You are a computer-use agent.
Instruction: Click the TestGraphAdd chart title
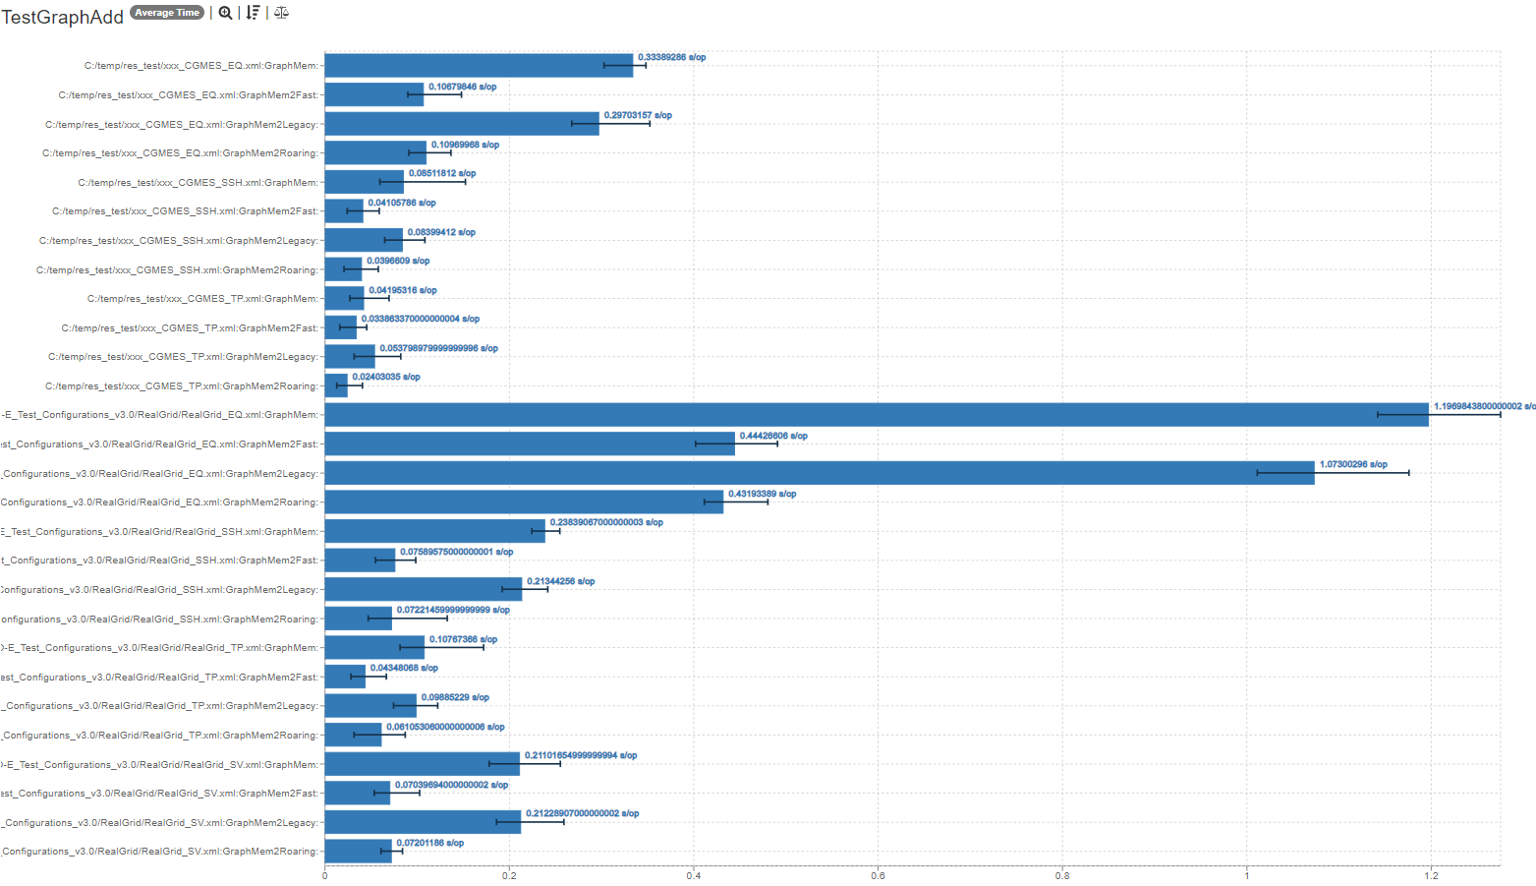tap(63, 17)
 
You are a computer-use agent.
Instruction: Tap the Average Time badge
tap(167, 13)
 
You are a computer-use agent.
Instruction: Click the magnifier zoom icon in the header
tap(225, 13)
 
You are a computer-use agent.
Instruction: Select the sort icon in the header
tap(253, 13)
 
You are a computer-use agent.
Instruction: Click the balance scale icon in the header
tap(281, 13)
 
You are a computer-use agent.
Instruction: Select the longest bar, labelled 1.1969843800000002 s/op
tap(875, 415)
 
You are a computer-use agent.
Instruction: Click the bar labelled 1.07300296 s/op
tap(819, 473)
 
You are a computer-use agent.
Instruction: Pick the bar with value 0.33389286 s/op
tap(479, 66)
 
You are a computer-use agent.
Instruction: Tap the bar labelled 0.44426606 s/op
tap(529, 444)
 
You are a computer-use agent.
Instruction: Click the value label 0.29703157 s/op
tap(638, 116)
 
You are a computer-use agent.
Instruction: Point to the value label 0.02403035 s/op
tap(386, 378)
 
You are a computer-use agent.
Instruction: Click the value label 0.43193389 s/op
tap(762, 495)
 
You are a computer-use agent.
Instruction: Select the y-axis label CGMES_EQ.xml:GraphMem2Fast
tap(189, 95)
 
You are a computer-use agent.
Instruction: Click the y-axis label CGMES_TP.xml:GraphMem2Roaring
tap(182, 386)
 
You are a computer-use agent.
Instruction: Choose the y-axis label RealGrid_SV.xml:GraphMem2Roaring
tap(160, 852)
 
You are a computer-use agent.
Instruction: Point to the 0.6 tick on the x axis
tap(878, 876)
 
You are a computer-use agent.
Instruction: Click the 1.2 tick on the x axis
tap(1431, 876)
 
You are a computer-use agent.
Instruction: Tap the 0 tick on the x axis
tap(325, 876)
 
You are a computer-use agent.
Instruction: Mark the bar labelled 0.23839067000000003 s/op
tap(434, 531)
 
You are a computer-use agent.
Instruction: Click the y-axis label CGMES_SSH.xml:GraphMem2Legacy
tap(179, 241)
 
